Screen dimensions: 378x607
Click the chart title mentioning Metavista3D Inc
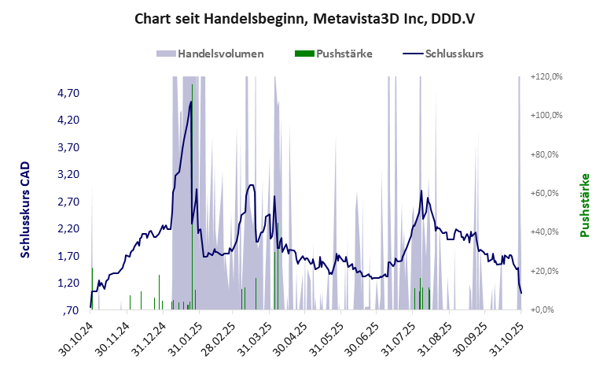point(303,17)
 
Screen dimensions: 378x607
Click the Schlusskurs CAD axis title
point(25,210)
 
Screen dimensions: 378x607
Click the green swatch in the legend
point(303,54)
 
